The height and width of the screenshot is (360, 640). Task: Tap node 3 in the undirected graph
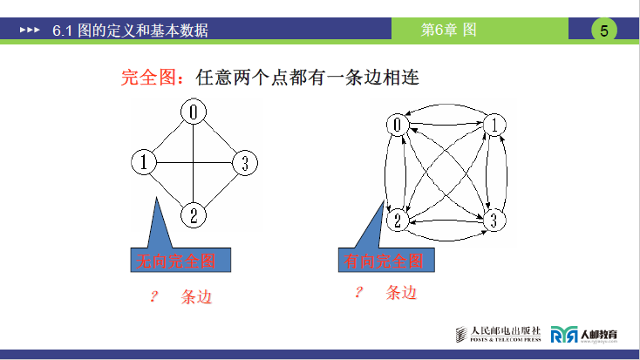point(245,162)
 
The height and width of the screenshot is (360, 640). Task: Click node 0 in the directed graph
point(398,126)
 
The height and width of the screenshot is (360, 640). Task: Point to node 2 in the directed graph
point(398,219)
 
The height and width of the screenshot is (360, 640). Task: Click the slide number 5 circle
point(604,31)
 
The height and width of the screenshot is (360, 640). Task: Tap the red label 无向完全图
point(173,261)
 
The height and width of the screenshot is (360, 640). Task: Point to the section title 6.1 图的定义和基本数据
point(130,31)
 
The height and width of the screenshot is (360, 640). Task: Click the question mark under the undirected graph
point(153,296)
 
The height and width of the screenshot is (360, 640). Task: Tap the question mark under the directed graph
point(357,292)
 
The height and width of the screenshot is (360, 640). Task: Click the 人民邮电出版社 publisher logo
point(499,334)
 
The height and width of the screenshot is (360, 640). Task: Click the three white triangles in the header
point(30,31)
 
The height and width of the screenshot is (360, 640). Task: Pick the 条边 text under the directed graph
point(401,293)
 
